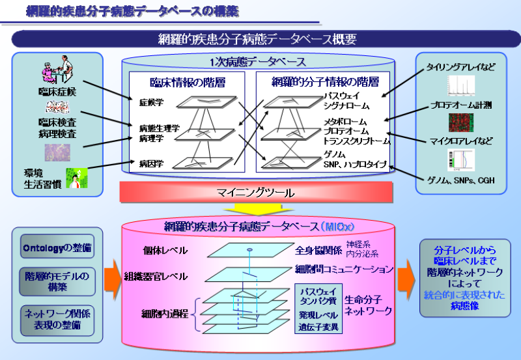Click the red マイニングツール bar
coord(255,193)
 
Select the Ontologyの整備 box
coord(57,248)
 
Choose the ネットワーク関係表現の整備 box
coord(57,319)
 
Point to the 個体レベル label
coord(165,250)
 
